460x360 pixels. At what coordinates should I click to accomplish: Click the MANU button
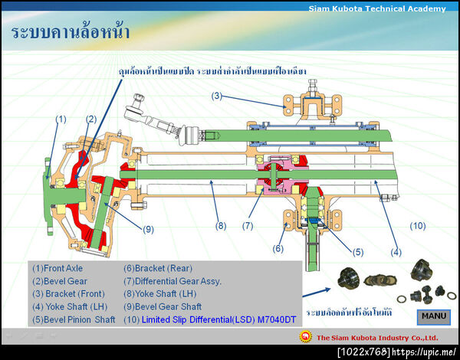point(434,316)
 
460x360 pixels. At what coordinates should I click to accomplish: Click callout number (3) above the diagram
point(217,96)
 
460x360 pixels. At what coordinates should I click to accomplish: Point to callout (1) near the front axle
point(61,119)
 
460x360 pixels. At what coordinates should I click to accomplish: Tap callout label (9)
point(148,229)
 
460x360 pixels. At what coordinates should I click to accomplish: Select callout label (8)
point(221,226)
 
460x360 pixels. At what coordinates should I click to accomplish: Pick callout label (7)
point(248,226)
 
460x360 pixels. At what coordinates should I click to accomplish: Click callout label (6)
point(278,248)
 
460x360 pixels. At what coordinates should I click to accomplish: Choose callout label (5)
point(357,251)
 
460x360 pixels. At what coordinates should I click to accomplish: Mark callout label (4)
point(396,252)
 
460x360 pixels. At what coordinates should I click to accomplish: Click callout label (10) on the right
point(417,226)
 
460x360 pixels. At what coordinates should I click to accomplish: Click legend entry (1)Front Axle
point(58,268)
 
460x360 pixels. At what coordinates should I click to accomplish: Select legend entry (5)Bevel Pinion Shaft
point(74,319)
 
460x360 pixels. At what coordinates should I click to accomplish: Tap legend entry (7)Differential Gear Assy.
point(172,281)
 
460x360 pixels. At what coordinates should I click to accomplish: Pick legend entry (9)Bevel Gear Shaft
point(163,306)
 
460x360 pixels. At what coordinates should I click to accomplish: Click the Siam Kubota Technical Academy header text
point(376,8)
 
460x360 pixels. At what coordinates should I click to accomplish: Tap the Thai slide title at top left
point(71,33)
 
